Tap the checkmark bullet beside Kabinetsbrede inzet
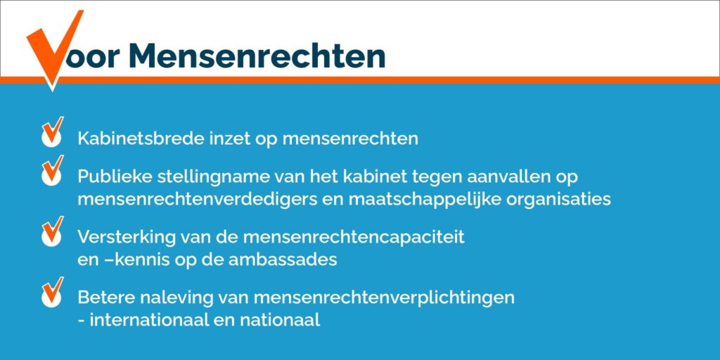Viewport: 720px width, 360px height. (52, 131)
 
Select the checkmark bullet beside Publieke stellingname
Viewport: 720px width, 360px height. (52, 170)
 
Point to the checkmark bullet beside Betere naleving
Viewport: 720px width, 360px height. (52, 292)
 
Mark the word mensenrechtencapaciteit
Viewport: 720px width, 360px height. (354, 238)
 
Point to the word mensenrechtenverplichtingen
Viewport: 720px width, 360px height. (383, 298)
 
